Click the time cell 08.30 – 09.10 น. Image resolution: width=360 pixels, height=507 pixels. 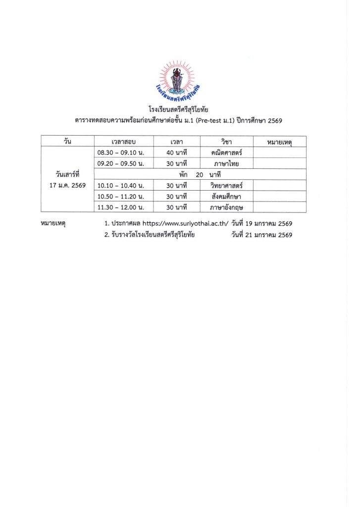(121, 152)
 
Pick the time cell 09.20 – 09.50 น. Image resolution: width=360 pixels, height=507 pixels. (121, 163)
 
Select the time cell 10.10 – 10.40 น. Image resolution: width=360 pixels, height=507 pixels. (121, 186)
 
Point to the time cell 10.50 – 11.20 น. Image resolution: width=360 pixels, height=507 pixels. (121, 197)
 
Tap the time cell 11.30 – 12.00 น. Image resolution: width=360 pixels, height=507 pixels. (121, 207)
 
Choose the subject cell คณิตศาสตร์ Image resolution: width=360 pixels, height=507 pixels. (225, 152)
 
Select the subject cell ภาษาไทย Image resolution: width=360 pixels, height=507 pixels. (225, 163)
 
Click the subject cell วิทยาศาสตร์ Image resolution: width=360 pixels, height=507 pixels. (225, 186)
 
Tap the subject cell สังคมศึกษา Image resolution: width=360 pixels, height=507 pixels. (225, 197)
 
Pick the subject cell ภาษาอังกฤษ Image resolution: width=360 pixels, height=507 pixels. (225, 207)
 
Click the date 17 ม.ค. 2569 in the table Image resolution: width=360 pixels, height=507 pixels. (67, 186)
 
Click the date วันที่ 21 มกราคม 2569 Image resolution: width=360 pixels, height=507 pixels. (261, 235)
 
